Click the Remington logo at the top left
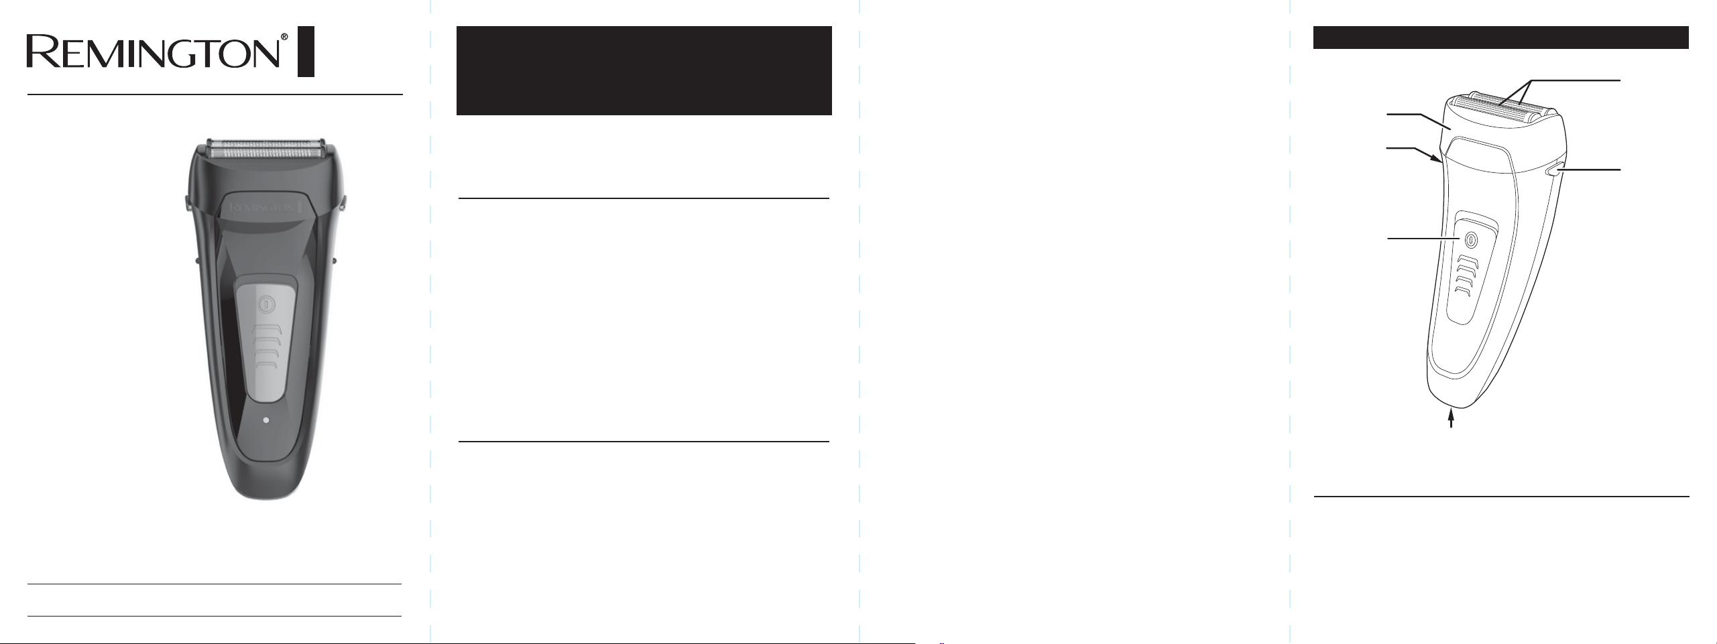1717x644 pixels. (152, 52)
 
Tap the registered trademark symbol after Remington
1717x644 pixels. (284, 37)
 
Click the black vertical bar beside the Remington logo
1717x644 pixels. (306, 52)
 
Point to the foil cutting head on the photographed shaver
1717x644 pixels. (266, 149)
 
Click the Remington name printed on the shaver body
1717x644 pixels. (263, 208)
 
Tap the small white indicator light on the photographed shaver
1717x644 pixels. (266, 420)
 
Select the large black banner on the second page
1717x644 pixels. (644, 70)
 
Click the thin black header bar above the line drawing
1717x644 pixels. (1500, 38)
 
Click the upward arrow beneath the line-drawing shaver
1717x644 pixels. (1452, 419)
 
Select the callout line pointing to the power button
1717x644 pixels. (1423, 238)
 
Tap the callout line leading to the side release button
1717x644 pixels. (1591, 170)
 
